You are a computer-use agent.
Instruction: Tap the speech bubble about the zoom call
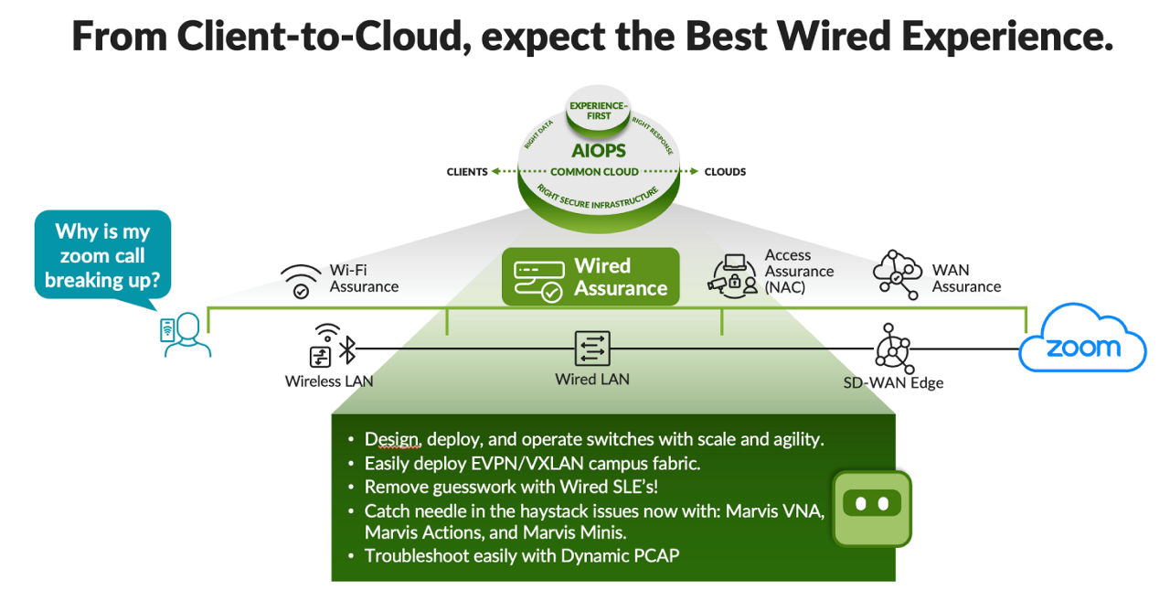(x=102, y=255)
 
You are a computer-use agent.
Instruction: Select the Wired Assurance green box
(x=590, y=277)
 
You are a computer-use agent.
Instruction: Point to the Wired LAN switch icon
(x=592, y=349)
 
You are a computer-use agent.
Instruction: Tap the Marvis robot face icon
(x=871, y=506)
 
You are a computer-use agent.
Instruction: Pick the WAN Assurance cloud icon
(x=897, y=272)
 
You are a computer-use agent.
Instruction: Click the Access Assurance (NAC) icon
(x=733, y=274)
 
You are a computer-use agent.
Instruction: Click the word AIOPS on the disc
(x=599, y=150)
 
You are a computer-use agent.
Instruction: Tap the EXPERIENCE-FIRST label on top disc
(x=599, y=111)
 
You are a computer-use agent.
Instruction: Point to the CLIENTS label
(x=466, y=172)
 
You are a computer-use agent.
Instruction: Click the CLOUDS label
(x=725, y=172)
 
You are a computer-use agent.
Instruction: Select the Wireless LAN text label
(x=329, y=381)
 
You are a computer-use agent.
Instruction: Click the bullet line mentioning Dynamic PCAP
(x=521, y=555)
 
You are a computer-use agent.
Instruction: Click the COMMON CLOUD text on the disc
(x=594, y=172)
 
